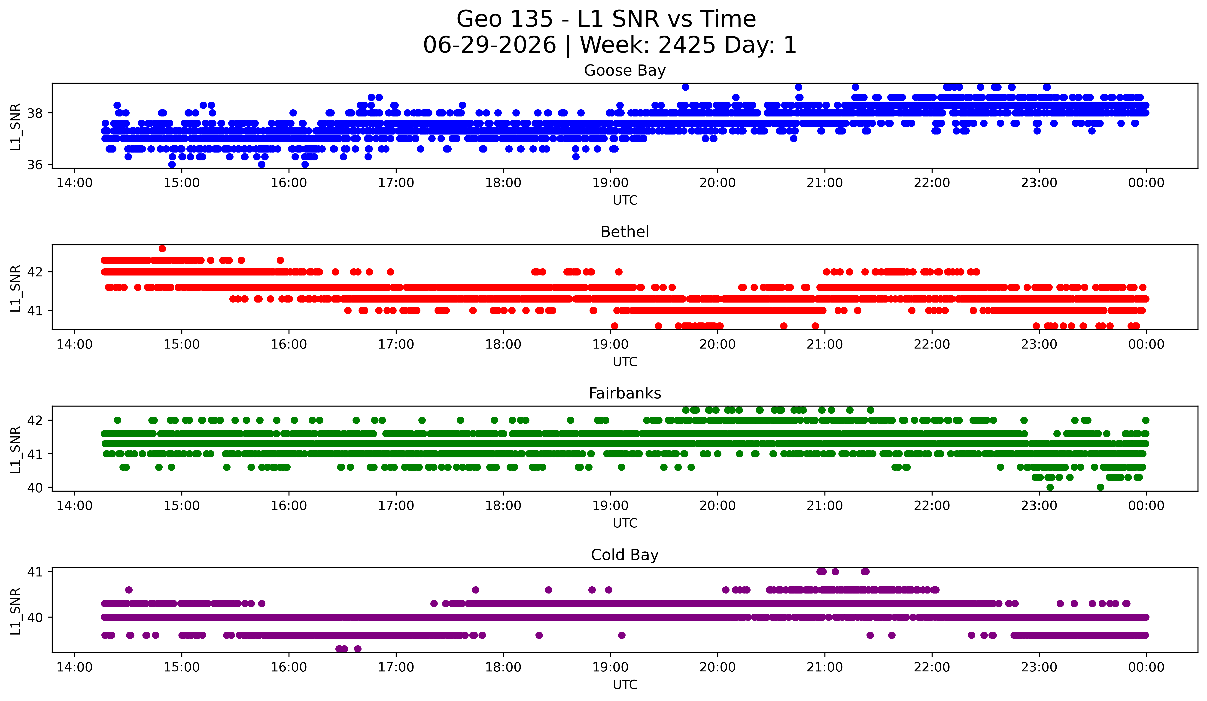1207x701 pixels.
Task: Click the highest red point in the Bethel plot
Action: [x=162, y=248]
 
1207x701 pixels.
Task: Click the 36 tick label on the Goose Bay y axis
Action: [x=34, y=165]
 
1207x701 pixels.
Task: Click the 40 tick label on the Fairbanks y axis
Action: [x=34, y=488]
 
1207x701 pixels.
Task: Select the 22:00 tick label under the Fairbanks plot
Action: [x=932, y=506]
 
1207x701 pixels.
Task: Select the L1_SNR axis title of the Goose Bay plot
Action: [x=15, y=126]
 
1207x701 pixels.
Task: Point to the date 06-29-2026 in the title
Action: [x=489, y=45]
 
